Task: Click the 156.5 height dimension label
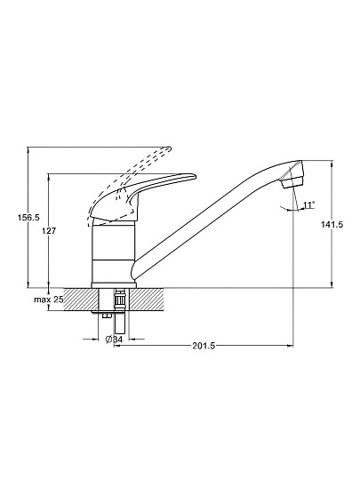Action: click(x=28, y=218)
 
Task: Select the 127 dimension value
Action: click(x=49, y=230)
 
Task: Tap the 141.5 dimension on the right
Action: click(x=332, y=224)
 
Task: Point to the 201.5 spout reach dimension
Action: click(x=204, y=346)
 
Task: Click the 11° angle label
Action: click(x=309, y=204)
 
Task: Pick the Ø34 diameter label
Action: click(x=114, y=340)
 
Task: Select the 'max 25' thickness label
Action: click(x=48, y=300)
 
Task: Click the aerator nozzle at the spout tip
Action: click(x=292, y=174)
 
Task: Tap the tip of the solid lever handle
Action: click(x=195, y=176)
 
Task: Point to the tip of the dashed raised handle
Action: click(x=170, y=148)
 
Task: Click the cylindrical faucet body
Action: click(x=113, y=253)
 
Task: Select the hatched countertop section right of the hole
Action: click(x=148, y=300)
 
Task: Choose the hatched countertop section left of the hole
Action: click(x=81, y=300)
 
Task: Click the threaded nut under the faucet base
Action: click(x=120, y=300)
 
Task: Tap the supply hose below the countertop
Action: click(x=119, y=322)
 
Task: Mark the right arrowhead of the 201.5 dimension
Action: click(x=291, y=346)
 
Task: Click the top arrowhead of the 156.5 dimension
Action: click(x=28, y=150)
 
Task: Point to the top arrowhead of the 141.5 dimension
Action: click(x=332, y=164)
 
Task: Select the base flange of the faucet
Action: click(x=114, y=285)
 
